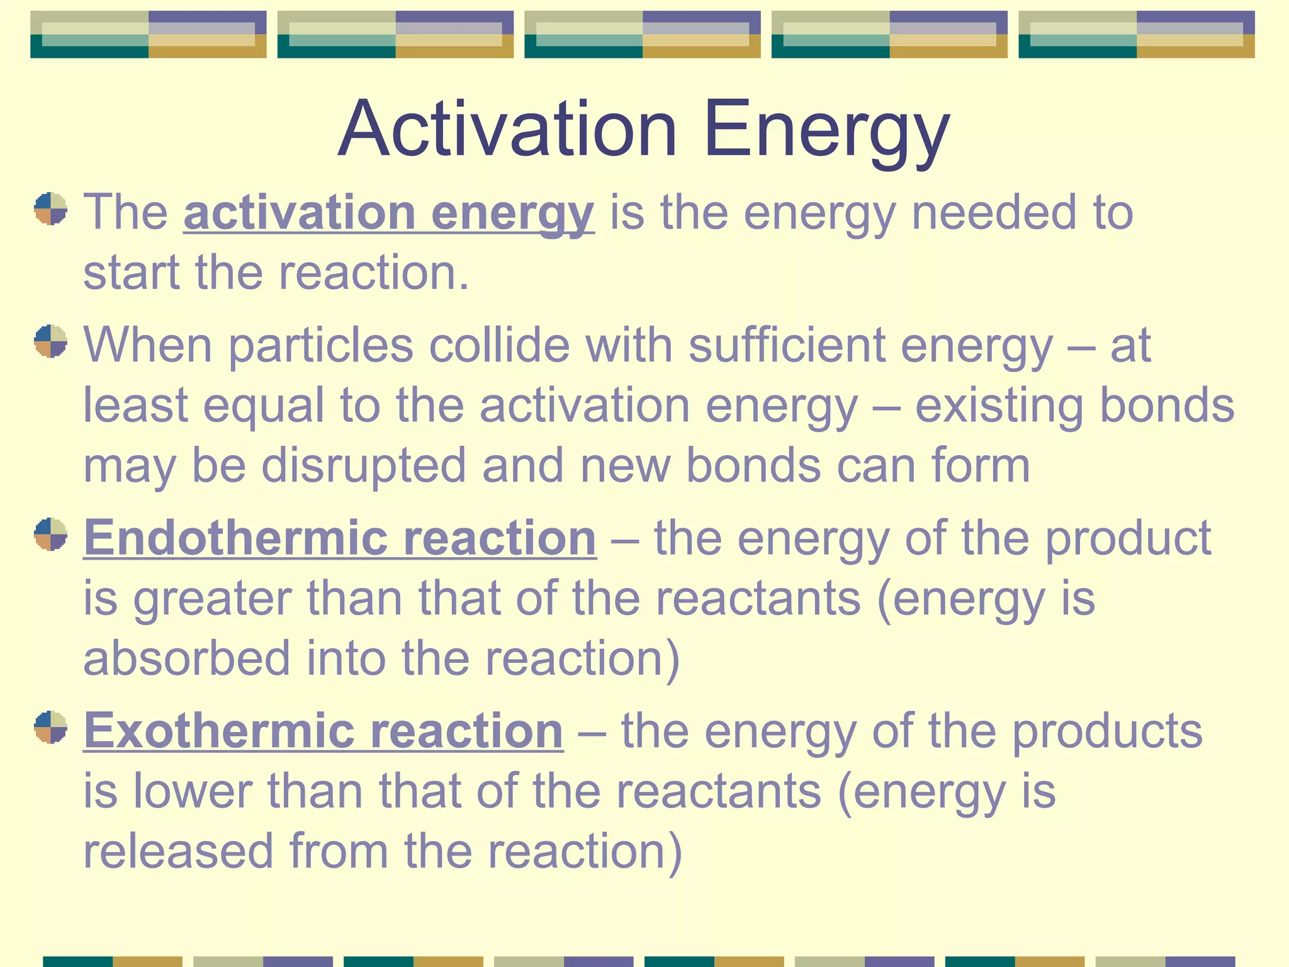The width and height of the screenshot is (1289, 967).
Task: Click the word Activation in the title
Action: tap(507, 130)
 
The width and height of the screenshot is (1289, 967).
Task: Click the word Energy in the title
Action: tap(826, 130)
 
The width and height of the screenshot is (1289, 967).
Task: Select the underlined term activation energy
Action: tap(388, 213)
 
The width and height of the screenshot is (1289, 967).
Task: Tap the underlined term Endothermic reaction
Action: tap(340, 538)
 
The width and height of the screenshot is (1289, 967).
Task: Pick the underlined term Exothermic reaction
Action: tap(323, 731)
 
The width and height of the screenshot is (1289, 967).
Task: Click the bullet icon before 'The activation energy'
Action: tap(50, 209)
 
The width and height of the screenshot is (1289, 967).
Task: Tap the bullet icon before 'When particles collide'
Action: tap(50, 341)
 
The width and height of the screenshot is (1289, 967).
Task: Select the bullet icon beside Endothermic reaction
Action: tap(50, 534)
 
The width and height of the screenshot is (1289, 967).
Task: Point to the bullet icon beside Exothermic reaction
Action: tap(50, 727)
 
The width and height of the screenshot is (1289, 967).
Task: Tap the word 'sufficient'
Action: tap(787, 346)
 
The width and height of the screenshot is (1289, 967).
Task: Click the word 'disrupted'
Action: tap(364, 466)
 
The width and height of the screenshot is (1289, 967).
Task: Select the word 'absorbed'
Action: tap(187, 659)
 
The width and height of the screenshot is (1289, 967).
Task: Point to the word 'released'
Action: tap(178, 851)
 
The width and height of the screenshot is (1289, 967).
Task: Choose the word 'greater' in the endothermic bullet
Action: tap(212, 599)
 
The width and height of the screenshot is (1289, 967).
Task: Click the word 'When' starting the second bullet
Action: tap(148, 346)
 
